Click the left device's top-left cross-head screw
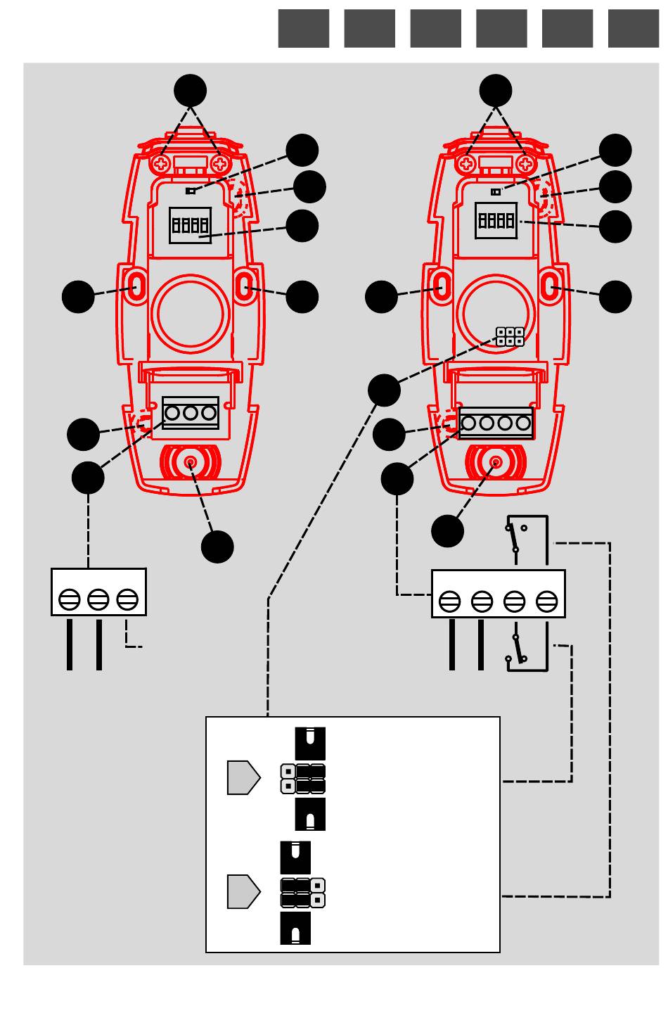161,164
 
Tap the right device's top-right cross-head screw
525,164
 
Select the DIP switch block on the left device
190,225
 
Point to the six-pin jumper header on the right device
510,336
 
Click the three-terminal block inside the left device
191,413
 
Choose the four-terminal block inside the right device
496,423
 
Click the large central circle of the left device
190,314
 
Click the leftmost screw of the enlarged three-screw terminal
70,600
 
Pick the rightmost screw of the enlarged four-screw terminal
546,601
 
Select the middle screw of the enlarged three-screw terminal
98,600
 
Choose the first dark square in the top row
304,28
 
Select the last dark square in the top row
634,28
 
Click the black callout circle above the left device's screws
190,91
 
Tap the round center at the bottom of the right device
496,462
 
